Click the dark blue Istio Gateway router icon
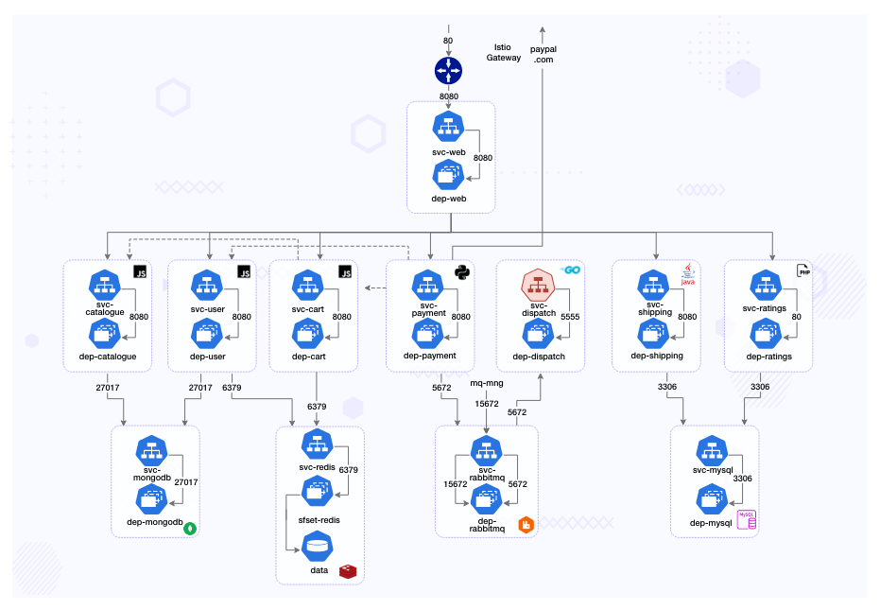point(448,71)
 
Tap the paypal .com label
point(543,54)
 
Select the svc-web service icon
point(448,128)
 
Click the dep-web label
point(449,199)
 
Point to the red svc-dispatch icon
point(539,284)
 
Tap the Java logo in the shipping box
point(688,274)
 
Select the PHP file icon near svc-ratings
point(803,271)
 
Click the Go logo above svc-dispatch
point(570,270)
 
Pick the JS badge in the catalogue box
point(141,272)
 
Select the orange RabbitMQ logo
point(526,524)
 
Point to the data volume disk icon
point(317,546)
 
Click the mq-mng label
point(486,384)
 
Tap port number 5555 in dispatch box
point(570,317)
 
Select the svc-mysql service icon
point(712,449)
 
